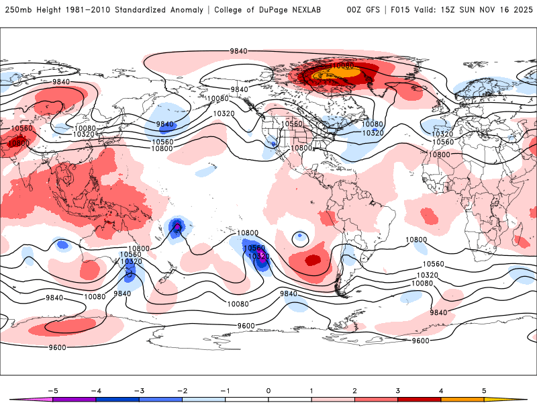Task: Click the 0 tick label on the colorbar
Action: [268, 390]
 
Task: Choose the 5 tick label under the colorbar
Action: [484, 390]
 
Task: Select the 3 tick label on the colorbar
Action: [398, 390]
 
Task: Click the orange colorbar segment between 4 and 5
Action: [462, 399]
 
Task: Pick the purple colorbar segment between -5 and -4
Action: [74, 399]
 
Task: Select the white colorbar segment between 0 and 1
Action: [290, 399]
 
